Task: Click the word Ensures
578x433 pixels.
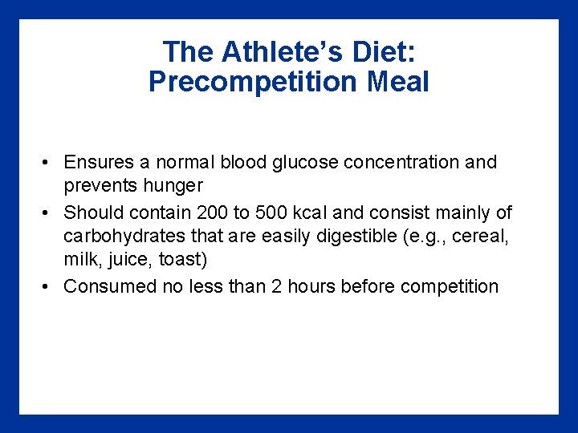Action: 99,162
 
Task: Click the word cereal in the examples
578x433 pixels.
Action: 480,237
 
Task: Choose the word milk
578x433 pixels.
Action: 80,261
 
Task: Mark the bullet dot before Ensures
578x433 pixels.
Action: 47,163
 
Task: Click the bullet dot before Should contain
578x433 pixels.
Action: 47,213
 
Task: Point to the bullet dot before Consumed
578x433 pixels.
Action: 47,287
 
